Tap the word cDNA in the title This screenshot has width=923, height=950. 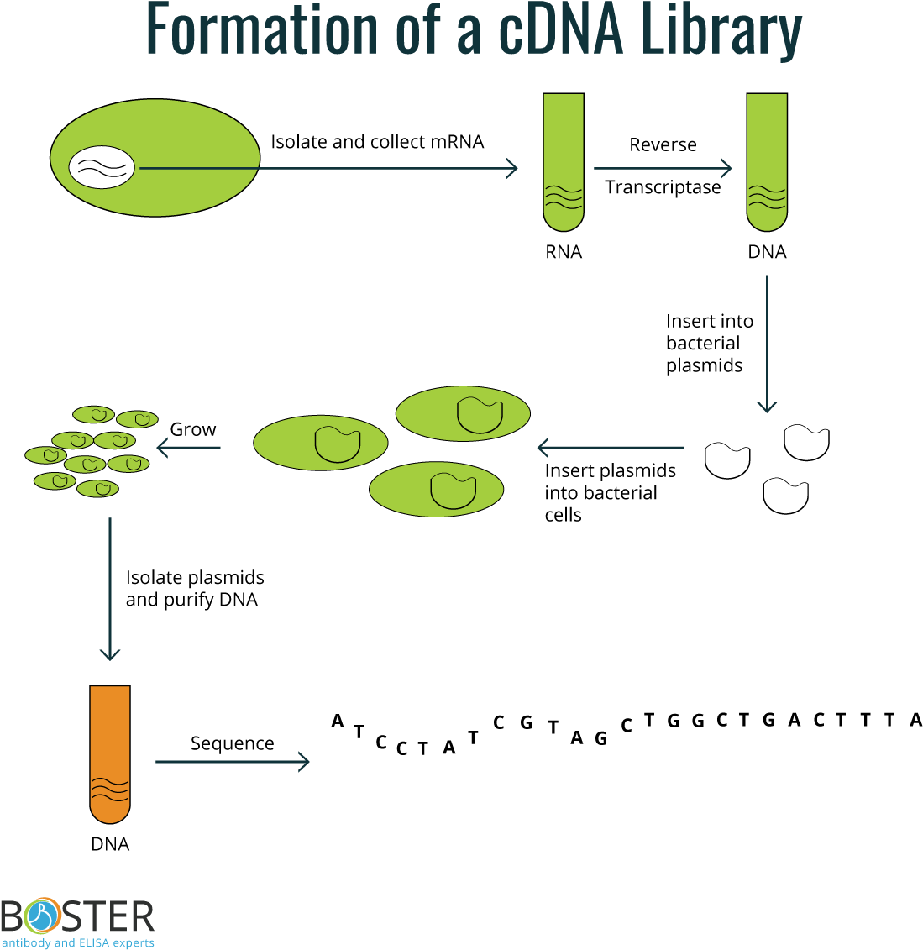pyautogui.click(x=560, y=30)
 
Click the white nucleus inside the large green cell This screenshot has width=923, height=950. pyautogui.click(x=102, y=167)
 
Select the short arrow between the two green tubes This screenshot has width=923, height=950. pyautogui.click(x=663, y=169)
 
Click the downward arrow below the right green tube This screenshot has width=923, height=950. pyautogui.click(x=767, y=344)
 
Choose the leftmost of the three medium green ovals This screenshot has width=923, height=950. pyautogui.click(x=321, y=443)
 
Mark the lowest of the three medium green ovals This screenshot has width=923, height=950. pyautogui.click(x=436, y=489)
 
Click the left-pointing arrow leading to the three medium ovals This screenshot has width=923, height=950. pyautogui.click(x=611, y=448)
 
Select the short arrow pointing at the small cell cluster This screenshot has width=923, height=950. pyautogui.click(x=189, y=448)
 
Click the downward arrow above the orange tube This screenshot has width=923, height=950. pyautogui.click(x=110, y=589)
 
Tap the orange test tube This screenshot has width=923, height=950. pyautogui.click(x=110, y=753)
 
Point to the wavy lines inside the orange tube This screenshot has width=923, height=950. pyautogui.click(x=110, y=789)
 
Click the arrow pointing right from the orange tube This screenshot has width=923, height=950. pyautogui.click(x=233, y=762)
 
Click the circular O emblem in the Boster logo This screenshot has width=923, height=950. pyautogui.click(x=43, y=916)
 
